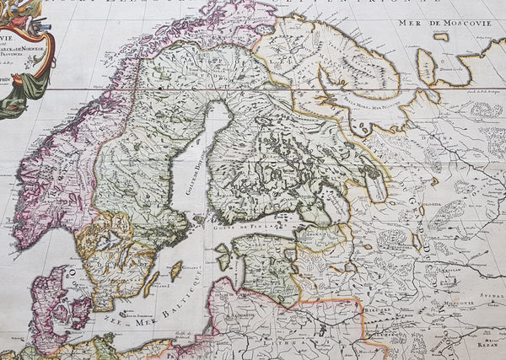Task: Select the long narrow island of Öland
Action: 152,283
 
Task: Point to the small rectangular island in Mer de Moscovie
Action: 441,36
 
